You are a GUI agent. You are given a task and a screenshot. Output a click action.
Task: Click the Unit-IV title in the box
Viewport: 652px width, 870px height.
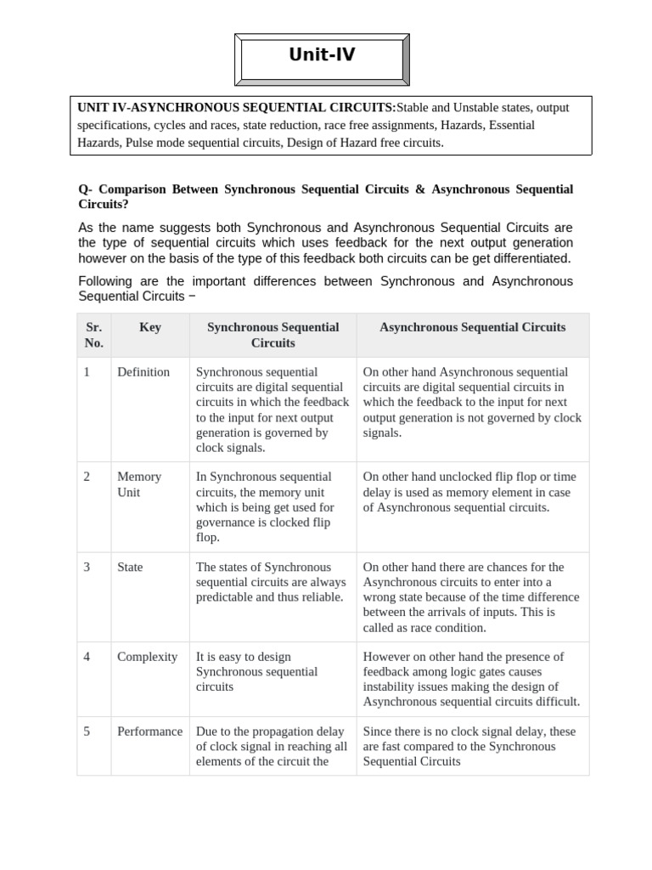pos(322,55)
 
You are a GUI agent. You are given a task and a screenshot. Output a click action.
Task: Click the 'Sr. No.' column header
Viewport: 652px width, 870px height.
pos(93,335)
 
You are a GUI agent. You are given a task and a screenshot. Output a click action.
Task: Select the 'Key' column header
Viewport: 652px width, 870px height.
pos(149,327)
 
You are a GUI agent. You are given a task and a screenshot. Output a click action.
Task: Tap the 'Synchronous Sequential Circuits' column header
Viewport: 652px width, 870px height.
pos(273,335)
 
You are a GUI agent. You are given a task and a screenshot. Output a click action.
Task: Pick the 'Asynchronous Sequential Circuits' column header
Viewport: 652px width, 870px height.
pos(472,327)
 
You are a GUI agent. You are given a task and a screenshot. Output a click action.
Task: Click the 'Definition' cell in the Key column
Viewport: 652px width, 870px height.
pos(143,372)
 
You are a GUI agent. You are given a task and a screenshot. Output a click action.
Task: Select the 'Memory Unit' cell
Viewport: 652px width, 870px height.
pos(139,484)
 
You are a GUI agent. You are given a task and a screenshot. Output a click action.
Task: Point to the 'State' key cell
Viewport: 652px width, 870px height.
pos(130,567)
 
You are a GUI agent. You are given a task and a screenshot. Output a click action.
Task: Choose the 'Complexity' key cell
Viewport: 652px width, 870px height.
pos(147,657)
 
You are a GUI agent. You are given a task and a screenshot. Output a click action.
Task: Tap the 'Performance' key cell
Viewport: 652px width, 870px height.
pos(149,732)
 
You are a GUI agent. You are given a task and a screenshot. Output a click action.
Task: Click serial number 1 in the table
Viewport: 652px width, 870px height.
pos(87,372)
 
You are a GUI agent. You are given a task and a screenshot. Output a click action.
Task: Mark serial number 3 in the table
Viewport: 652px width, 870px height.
pos(87,567)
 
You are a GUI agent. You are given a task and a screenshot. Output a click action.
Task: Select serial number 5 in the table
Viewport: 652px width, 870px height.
pos(87,732)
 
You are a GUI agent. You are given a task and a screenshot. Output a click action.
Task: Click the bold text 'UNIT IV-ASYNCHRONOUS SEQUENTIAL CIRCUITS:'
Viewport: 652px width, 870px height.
pos(237,108)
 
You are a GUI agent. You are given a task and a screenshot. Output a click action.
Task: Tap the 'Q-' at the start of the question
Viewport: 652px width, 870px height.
pos(84,189)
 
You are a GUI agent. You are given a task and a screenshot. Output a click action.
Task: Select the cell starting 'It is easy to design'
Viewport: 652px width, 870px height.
pos(256,671)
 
